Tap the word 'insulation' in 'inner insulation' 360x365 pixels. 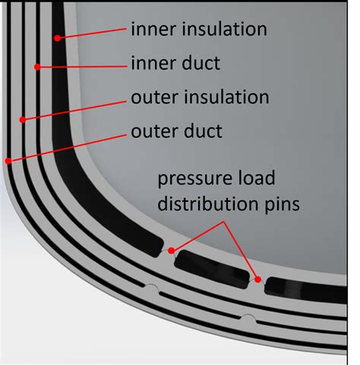point(225,29)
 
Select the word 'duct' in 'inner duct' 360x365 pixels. point(201,63)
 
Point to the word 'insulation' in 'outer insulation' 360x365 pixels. point(226,97)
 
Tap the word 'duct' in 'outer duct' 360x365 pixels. point(203,131)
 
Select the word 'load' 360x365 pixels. point(255,178)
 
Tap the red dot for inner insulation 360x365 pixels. point(58,38)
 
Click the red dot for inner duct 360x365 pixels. point(37,67)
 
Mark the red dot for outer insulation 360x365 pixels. point(23,120)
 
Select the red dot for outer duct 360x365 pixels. point(8,161)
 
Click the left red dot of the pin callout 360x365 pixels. point(172,250)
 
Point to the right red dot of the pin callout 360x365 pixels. point(257,279)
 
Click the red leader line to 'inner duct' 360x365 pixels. point(82,67)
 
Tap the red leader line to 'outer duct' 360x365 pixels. point(67,148)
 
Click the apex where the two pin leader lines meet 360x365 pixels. point(224,222)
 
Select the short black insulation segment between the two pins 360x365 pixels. point(212,269)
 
